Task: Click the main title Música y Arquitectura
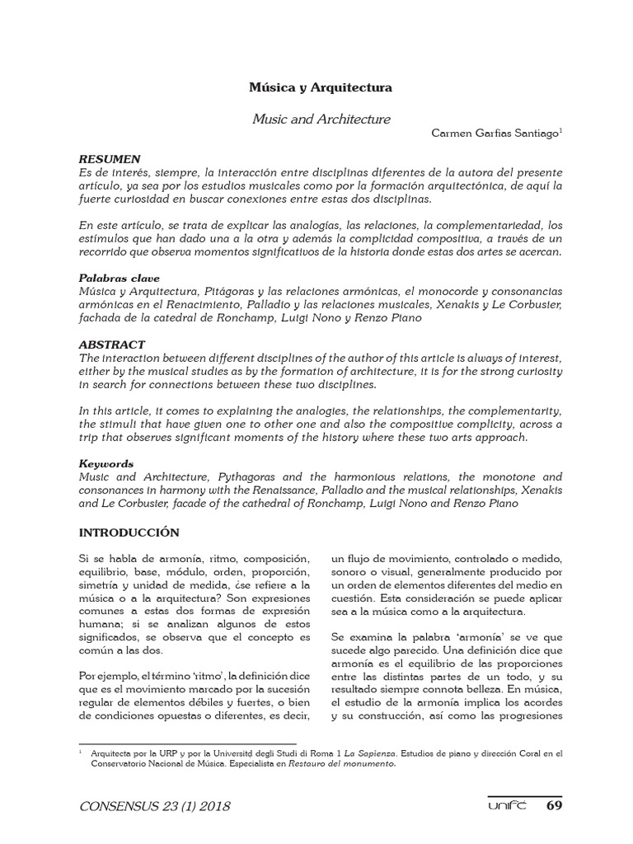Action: click(321, 87)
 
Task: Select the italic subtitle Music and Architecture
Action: click(321, 120)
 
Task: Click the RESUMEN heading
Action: click(109, 158)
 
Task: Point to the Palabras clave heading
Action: click(119, 279)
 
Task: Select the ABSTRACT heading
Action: click(111, 345)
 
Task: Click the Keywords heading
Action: click(105, 464)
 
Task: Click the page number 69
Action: click(556, 804)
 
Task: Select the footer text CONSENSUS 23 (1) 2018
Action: click(154, 805)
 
